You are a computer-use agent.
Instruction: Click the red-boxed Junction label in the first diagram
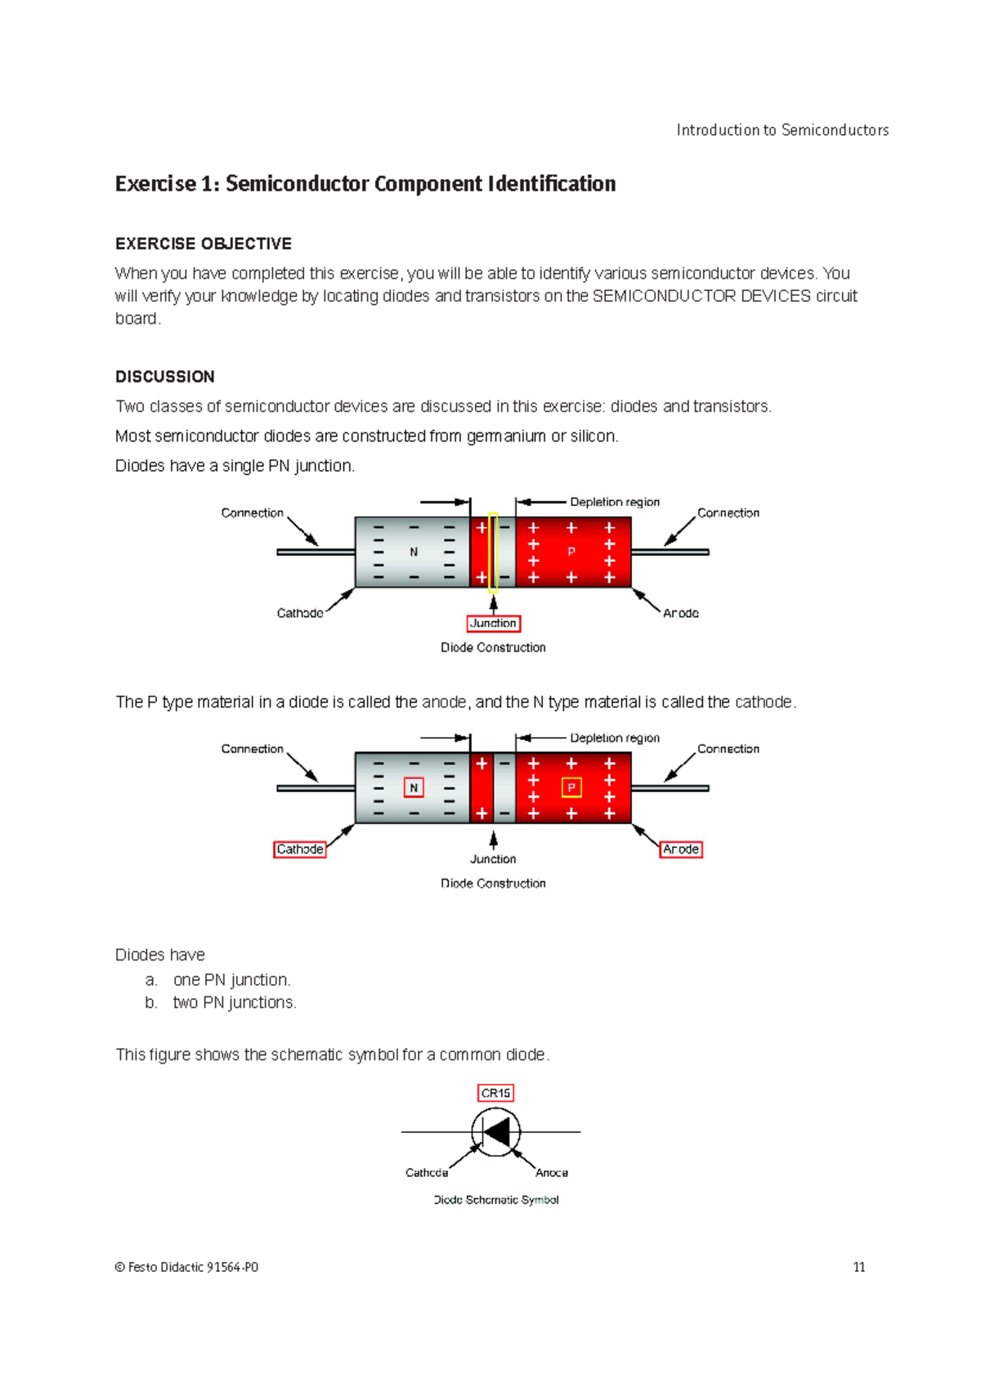point(493,623)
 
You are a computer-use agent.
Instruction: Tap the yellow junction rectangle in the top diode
point(493,552)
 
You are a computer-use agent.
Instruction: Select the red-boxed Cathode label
point(299,849)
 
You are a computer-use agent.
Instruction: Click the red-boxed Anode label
point(681,849)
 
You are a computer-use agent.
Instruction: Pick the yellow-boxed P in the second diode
point(571,787)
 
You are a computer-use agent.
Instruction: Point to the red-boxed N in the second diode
point(414,787)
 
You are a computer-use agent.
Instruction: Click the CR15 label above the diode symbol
point(495,1093)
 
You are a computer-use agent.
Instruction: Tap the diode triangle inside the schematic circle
point(497,1132)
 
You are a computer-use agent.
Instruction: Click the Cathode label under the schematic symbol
point(427,1172)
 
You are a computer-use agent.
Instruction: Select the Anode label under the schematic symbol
point(552,1172)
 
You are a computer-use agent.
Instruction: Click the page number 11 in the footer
point(858,1267)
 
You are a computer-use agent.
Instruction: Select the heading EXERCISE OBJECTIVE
point(204,244)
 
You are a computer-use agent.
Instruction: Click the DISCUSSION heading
point(165,377)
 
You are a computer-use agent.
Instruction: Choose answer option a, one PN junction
point(231,979)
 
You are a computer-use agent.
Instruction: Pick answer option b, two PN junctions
point(234,1002)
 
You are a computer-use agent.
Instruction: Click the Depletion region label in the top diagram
point(615,502)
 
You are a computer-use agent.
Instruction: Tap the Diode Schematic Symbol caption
point(496,1200)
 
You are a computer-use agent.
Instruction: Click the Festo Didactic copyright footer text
point(187,1267)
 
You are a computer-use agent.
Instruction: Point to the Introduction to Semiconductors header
point(782,130)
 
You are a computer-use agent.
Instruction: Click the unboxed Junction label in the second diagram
point(493,859)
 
